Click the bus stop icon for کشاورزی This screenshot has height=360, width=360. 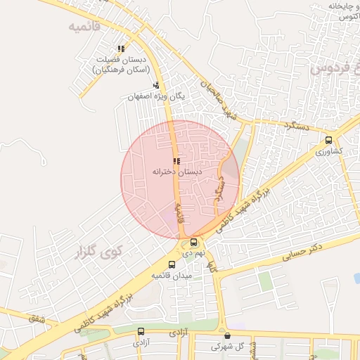(330, 141)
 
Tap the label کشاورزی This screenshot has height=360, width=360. (329, 151)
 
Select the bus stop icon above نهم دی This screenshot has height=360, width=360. (193, 242)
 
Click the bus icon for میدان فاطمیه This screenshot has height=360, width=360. (172, 265)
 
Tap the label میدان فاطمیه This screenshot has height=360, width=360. (172, 276)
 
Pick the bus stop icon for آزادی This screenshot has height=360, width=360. (141, 331)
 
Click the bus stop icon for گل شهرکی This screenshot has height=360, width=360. (226, 336)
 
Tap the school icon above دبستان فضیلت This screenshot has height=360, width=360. (121, 49)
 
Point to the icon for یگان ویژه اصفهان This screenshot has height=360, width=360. (155, 85)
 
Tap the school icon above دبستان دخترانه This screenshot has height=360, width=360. (176, 161)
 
